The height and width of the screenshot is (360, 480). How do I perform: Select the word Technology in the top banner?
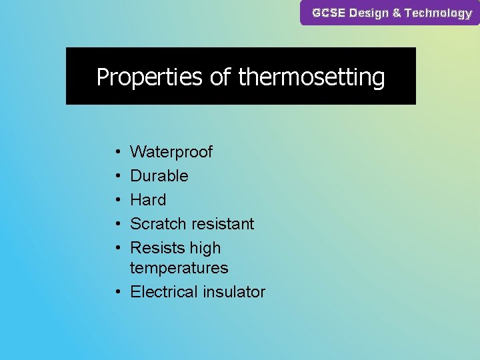[x=438, y=13]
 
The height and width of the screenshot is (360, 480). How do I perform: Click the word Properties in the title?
[x=149, y=77]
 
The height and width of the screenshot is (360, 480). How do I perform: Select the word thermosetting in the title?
[x=311, y=77]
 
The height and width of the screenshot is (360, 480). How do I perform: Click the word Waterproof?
[x=171, y=152]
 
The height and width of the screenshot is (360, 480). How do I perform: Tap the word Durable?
[x=159, y=176]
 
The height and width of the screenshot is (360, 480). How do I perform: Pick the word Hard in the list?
[x=148, y=200]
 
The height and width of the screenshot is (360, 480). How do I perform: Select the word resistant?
[x=223, y=224]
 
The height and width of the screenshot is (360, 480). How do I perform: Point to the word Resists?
[x=157, y=248]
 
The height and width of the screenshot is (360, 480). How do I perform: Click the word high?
[x=204, y=248]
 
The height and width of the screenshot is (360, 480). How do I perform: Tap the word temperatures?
[x=179, y=268]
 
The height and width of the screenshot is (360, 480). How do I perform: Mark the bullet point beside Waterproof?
[x=117, y=152]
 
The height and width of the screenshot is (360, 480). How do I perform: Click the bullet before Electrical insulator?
[x=117, y=292]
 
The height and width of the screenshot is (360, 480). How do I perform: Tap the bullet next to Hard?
[x=117, y=200]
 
